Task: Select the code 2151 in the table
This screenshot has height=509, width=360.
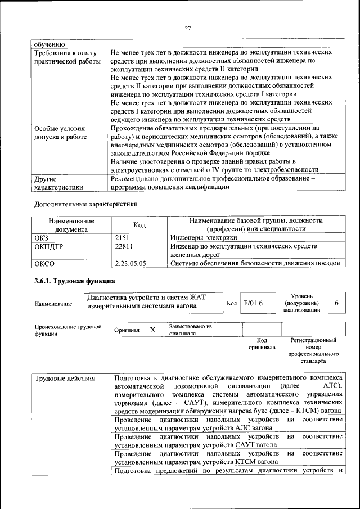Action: pyautogui.click(x=122, y=238)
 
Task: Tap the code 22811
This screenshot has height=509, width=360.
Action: pyautogui.click(x=124, y=246)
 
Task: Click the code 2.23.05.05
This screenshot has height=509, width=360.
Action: pyautogui.click(x=130, y=263)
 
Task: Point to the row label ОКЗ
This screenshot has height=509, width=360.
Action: pyautogui.click(x=42, y=238)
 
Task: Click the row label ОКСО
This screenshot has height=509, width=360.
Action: pyautogui.click(x=45, y=263)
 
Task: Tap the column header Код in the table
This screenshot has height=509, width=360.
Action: pyautogui.click(x=139, y=225)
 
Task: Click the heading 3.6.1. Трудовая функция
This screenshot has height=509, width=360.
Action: pyautogui.click(x=75, y=281)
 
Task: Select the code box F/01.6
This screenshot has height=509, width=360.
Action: pyautogui.click(x=253, y=303)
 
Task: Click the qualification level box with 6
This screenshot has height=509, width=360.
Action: pyautogui.click(x=336, y=303)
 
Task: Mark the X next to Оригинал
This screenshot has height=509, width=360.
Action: pyautogui.click(x=152, y=330)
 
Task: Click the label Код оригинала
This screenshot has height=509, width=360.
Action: pyautogui.click(x=262, y=344)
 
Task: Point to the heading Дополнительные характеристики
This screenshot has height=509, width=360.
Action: pyautogui.click(x=86, y=204)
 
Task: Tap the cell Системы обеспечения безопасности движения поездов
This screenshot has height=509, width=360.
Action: pyautogui.click(x=255, y=263)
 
